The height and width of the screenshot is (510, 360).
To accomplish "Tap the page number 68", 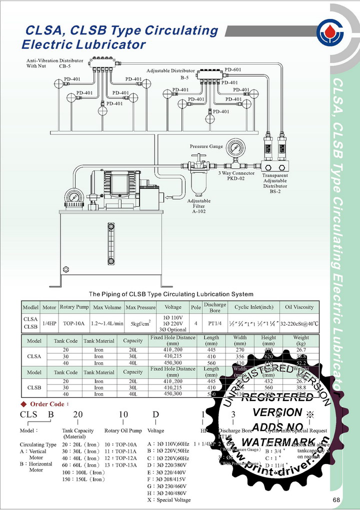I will coord(336,500).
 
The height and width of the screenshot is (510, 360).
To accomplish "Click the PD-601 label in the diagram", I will coord(233,70).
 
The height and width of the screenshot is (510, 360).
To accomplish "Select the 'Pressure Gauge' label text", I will coord(206,146).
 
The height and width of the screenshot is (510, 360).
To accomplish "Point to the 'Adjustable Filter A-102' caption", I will coord(198,206).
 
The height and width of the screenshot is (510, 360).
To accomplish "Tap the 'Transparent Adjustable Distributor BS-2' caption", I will coord(275,183).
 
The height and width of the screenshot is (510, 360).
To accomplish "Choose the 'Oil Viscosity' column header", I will coord(299,307).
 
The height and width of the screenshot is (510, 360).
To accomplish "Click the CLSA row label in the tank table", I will coord(34,357).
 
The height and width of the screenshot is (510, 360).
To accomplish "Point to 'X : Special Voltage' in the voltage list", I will coord(169,500).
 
